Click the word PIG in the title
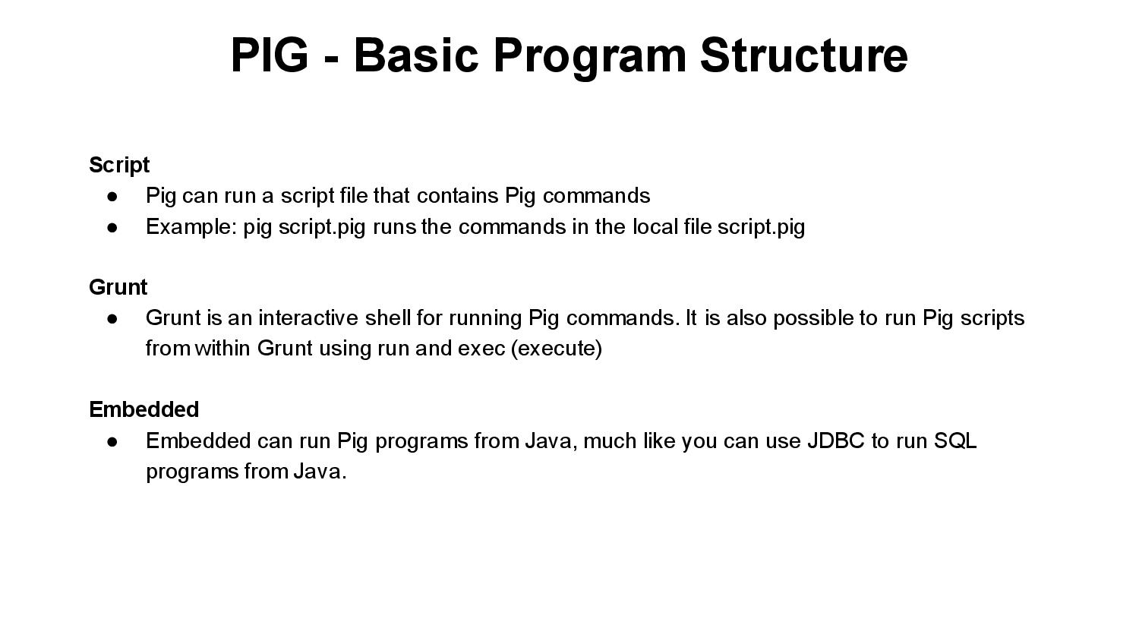(270, 55)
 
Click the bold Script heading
(119, 165)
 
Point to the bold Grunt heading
(118, 287)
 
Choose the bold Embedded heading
(144, 409)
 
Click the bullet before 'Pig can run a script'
(113, 196)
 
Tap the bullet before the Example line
(113, 227)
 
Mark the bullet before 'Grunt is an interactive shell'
(113, 318)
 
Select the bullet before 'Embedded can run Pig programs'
(113, 441)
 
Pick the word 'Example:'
(191, 227)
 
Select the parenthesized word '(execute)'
(557, 349)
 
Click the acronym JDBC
(835, 441)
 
